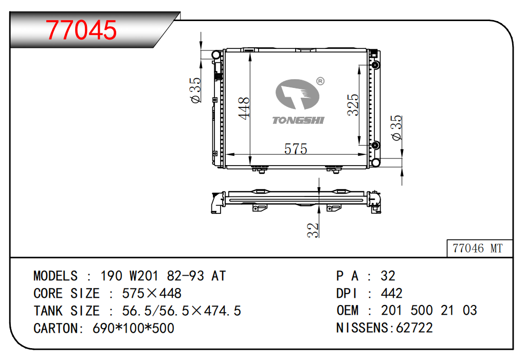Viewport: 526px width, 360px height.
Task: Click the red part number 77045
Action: coord(81,30)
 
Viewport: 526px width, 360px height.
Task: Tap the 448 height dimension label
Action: coord(244,108)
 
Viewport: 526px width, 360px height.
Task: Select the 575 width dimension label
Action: coord(296,149)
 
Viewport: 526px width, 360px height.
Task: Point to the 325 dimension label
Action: coord(353,105)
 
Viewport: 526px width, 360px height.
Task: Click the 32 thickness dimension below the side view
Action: coord(313,230)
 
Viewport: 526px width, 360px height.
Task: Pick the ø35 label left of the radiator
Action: coord(195,90)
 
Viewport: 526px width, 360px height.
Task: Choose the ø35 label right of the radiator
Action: coord(396,128)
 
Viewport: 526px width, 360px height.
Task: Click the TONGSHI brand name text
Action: coord(298,120)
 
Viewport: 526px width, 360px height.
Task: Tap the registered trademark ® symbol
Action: coord(320,81)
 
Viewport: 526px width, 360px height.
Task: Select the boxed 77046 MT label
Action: coord(478,248)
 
